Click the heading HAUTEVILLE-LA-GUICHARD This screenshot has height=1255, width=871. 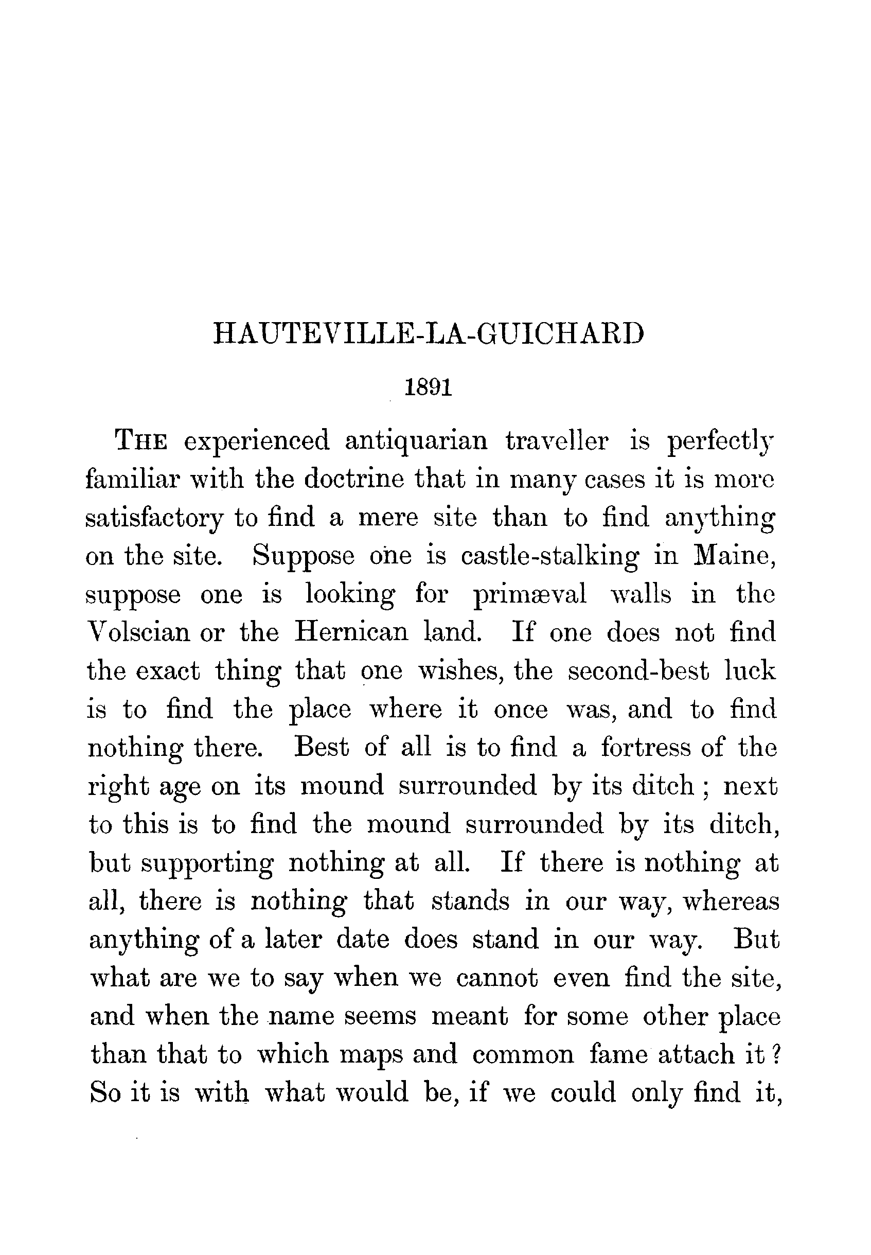[x=429, y=333]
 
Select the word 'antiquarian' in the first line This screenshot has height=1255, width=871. [x=416, y=440]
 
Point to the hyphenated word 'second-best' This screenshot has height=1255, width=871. [x=638, y=671]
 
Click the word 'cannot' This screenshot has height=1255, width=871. [x=497, y=978]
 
